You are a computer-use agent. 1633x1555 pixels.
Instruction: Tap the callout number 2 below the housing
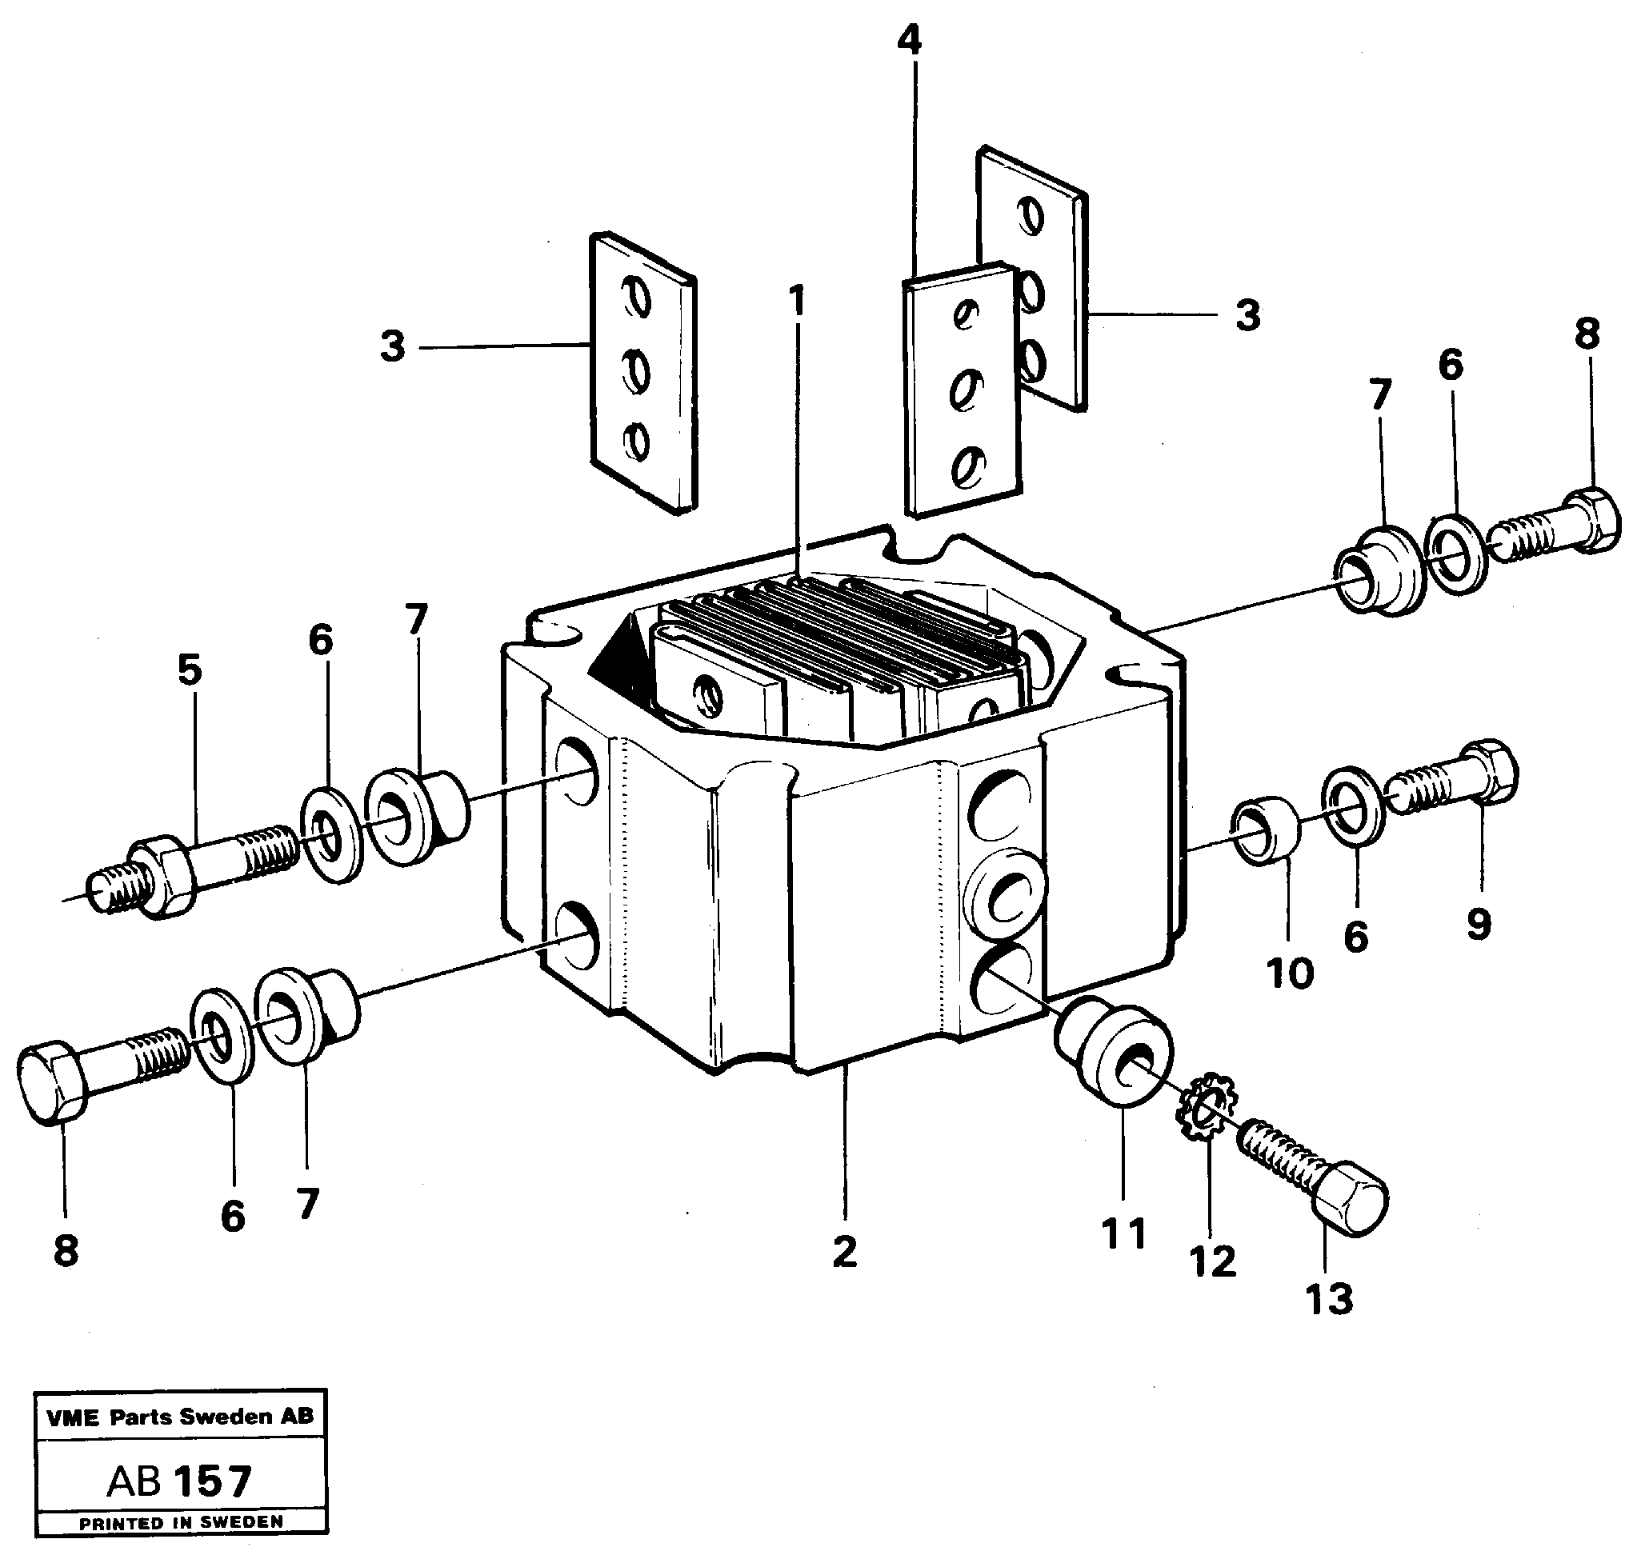[x=845, y=1251]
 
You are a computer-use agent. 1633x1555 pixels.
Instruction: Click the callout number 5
[x=190, y=670]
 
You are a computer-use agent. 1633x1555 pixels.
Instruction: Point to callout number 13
[x=1330, y=1298]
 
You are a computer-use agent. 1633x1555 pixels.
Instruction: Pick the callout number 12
[x=1213, y=1261]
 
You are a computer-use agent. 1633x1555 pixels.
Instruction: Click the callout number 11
[x=1124, y=1233]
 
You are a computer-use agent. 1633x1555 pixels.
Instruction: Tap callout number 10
[x=1290, y=973]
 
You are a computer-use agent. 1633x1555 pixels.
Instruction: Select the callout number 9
[x=1479, y=923]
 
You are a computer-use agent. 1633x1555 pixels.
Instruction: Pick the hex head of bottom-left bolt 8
[x=50, y=1082]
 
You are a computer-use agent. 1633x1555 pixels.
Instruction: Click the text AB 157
[x=179, y=1481]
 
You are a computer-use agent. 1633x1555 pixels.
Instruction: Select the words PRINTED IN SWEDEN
[x=181, y=1522]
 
